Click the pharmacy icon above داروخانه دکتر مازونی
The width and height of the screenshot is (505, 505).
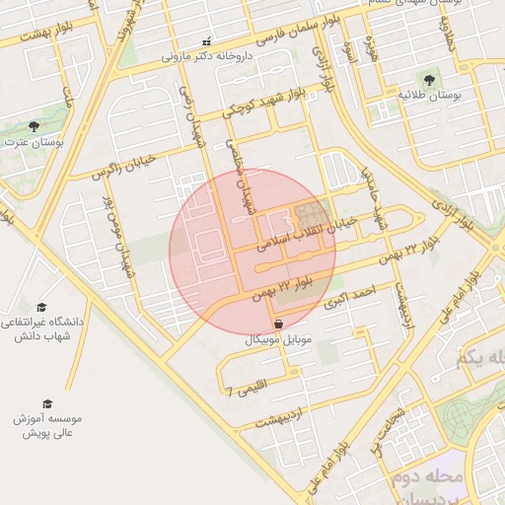tap(206, 42)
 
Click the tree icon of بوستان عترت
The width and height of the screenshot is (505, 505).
tap(35, 127)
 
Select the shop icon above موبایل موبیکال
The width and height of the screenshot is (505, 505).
tap(279, 324)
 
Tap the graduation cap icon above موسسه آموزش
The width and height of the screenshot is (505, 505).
tap(46, 403)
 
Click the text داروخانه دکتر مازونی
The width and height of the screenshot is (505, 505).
tap(208, 57)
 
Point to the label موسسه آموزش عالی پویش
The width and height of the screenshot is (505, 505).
tap(48, 425)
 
